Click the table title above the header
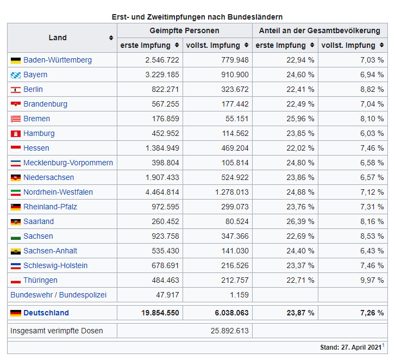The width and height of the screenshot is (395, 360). [197, 17]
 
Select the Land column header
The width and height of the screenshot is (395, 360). [58, 38]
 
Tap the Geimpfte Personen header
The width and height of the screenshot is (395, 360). [185, 30]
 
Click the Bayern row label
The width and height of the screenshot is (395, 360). [35, 75]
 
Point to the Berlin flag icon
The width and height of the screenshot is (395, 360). [15, 90]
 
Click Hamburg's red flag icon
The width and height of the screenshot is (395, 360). [15, 134]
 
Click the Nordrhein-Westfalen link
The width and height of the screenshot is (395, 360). [58, 192]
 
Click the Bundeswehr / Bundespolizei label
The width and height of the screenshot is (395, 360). [59, 295]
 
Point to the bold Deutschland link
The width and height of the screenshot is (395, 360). [46, 313]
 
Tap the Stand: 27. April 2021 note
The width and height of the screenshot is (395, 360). [351, 346]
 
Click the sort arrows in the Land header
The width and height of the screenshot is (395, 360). [111, 38]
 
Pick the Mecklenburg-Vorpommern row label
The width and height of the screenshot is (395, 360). [68, 163]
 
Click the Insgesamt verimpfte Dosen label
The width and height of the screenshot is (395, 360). [57, 331]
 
